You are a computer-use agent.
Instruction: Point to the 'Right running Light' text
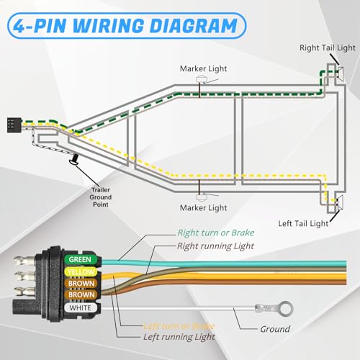pyautogui.click(x=217, y=246)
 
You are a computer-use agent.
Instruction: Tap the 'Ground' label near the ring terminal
pyautogui.click(x=275, y=329)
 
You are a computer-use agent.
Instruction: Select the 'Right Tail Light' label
pyautogui.click(x=328, y=48)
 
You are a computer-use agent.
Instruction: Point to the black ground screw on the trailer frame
pyautogui.click(x=73, y=161)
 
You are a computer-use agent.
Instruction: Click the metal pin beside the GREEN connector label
pyautogui.click(x=36, y=257)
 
